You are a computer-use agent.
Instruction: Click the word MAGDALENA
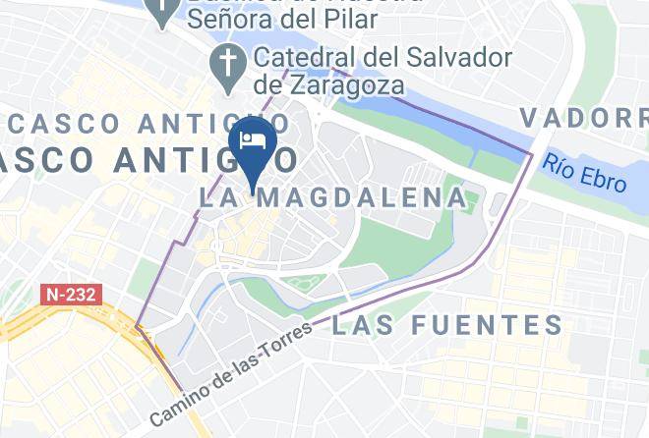(361, 197)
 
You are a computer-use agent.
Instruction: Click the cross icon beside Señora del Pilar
(161, 12)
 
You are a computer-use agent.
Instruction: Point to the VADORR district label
(583, 118)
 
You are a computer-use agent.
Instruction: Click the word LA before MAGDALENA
(219, 197)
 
